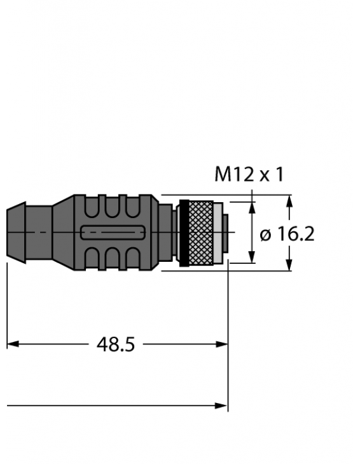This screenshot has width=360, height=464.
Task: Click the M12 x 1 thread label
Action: coord(249,175)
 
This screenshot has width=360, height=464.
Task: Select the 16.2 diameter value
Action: coord(296,234)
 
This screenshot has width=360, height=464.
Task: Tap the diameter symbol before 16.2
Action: coord(266,235)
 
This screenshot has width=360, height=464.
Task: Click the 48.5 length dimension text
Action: coord(116,345)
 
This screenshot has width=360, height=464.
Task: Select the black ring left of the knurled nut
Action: coord(181,233)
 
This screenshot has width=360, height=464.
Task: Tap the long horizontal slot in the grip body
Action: coord(114,233)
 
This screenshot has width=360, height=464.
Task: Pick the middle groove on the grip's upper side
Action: coord(114,206)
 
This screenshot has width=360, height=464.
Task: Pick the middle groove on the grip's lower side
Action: coord(114,259)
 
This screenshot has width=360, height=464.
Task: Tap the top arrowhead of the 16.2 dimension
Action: coord(290,200)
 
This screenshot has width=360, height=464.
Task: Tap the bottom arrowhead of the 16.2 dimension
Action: coord(290,266)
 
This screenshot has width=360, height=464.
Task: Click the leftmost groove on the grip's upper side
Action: coord(92,206)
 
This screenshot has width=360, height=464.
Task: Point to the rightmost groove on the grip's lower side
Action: coord(135,259)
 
